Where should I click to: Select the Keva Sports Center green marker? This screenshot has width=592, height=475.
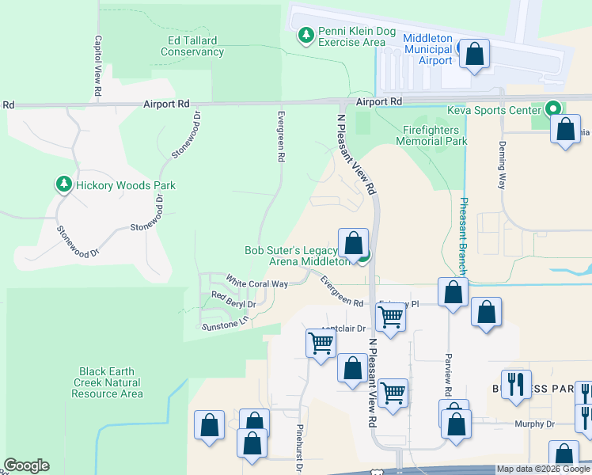click(x=553, y=109)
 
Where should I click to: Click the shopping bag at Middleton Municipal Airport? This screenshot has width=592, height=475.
click(x=473, y=55)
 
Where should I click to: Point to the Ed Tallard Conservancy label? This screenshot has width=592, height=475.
click(x=192, y=46)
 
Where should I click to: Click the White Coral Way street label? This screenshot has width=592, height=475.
click(x=256, y=282)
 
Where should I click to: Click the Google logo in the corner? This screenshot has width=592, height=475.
click(x=26, y=465)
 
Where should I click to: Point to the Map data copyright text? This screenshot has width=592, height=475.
click(x=544, y=469)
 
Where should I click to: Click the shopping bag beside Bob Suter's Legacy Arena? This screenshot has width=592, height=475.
click(x=353, y=241)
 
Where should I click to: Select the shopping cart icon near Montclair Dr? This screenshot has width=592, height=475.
click(x=321, y=342)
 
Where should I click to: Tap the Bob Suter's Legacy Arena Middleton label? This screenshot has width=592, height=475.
click(x=296, y=255)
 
